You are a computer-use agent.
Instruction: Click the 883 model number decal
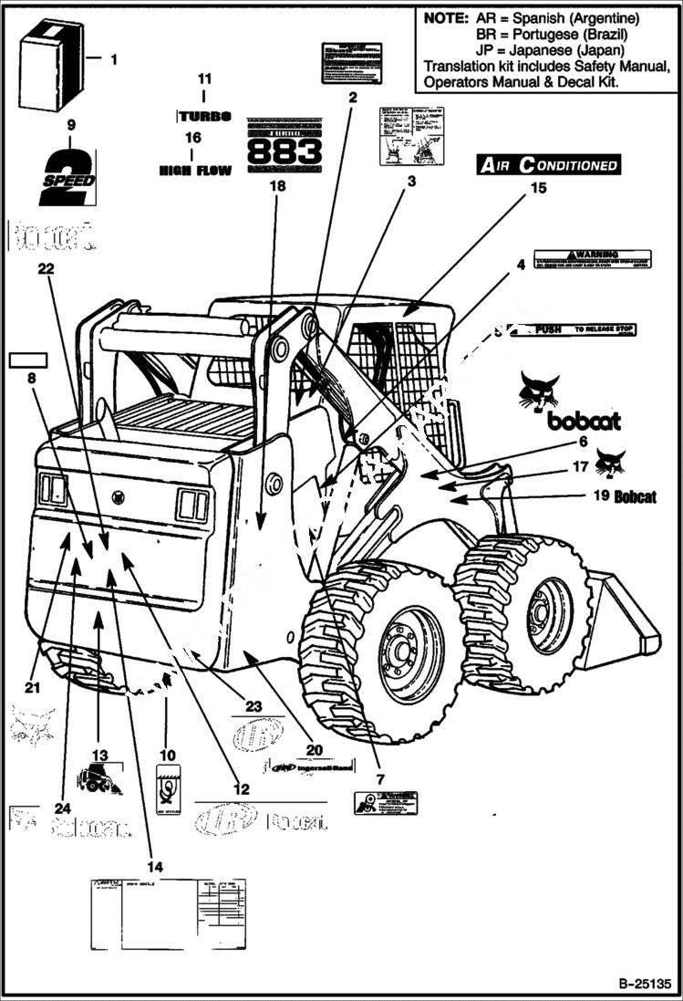pos(285,146)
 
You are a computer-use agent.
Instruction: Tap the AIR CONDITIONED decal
pos(549,165)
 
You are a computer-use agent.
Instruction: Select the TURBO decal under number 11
pos(205,117)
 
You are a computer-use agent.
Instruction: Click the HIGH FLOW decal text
pos(195,170)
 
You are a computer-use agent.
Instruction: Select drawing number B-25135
pos(644,985)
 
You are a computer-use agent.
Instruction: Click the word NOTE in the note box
pos(444,18)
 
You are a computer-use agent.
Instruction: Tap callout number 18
pos(277,186)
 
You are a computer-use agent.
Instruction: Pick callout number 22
pos(46,268)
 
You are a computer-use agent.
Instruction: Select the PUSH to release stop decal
pos(584,329)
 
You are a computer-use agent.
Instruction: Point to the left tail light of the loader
pos(53,491)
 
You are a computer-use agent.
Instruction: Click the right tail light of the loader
pos(192,505)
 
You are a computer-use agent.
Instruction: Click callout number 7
pos(380,780)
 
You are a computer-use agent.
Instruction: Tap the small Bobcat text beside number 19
pos(635,497)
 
